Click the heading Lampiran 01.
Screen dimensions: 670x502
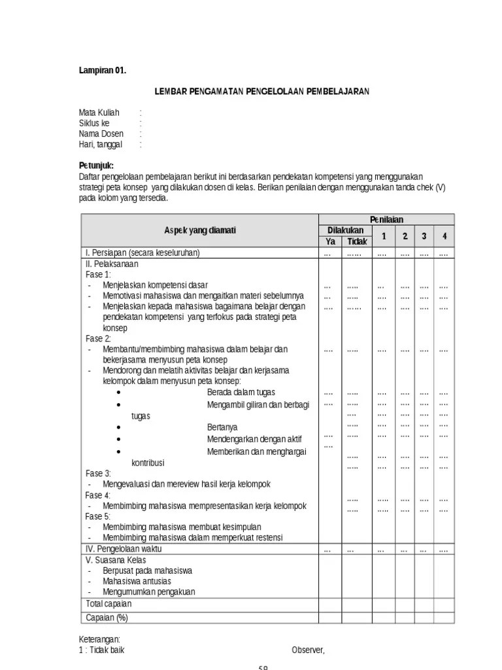103,70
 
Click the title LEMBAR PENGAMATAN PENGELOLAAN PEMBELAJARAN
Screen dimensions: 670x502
262,91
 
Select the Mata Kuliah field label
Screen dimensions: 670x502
99,113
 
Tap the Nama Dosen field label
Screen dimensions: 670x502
101,134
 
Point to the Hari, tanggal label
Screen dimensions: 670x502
101,145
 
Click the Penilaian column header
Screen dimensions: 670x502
386,219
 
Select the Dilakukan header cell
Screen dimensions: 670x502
344,230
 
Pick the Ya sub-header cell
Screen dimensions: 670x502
329,241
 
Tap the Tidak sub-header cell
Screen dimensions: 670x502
357,241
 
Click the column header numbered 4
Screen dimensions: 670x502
444,236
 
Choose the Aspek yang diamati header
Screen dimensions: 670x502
199,230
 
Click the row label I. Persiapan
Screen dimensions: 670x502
142,253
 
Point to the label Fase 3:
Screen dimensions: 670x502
98,473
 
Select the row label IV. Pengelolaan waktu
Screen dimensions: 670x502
124,549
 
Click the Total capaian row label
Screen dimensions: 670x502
109,603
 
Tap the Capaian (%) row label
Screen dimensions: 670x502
107,617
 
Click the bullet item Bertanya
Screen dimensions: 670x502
222,427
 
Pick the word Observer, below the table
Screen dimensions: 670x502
308,650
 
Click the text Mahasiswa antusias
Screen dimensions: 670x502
137,581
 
